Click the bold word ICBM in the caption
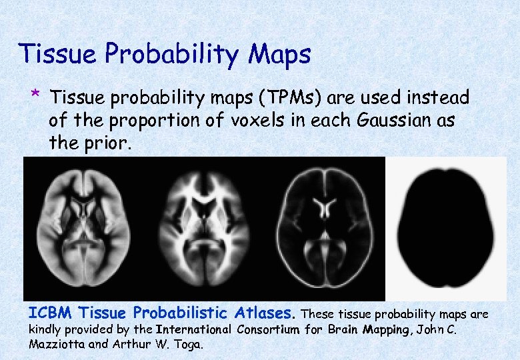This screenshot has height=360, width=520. tap(49, 313)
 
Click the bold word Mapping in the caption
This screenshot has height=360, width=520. tap(385, 329)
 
